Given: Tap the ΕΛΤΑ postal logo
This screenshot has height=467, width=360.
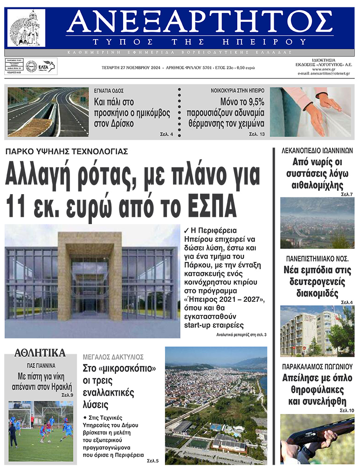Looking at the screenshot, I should coord(47,67).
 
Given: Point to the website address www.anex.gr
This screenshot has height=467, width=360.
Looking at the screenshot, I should coord(332,69).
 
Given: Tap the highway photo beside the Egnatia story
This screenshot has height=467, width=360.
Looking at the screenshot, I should coord(48,112).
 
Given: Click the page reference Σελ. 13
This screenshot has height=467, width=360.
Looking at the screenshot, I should coord(256,134).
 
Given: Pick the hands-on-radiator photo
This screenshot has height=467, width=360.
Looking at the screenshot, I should coord(310,112).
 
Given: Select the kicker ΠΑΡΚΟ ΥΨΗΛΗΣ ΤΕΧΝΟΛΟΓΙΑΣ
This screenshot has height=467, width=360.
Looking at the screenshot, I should coord(67,152).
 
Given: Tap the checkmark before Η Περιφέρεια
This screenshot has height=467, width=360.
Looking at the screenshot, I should coord(187,230).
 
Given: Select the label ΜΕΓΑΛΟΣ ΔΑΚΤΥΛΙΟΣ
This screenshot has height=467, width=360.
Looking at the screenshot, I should coord(113,357).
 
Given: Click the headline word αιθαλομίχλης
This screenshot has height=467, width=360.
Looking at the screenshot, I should coord(317,186).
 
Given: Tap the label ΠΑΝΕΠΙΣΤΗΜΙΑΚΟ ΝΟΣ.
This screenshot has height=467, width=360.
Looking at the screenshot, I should coord(317,258).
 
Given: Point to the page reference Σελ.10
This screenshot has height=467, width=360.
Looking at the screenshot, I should coord(346,410).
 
